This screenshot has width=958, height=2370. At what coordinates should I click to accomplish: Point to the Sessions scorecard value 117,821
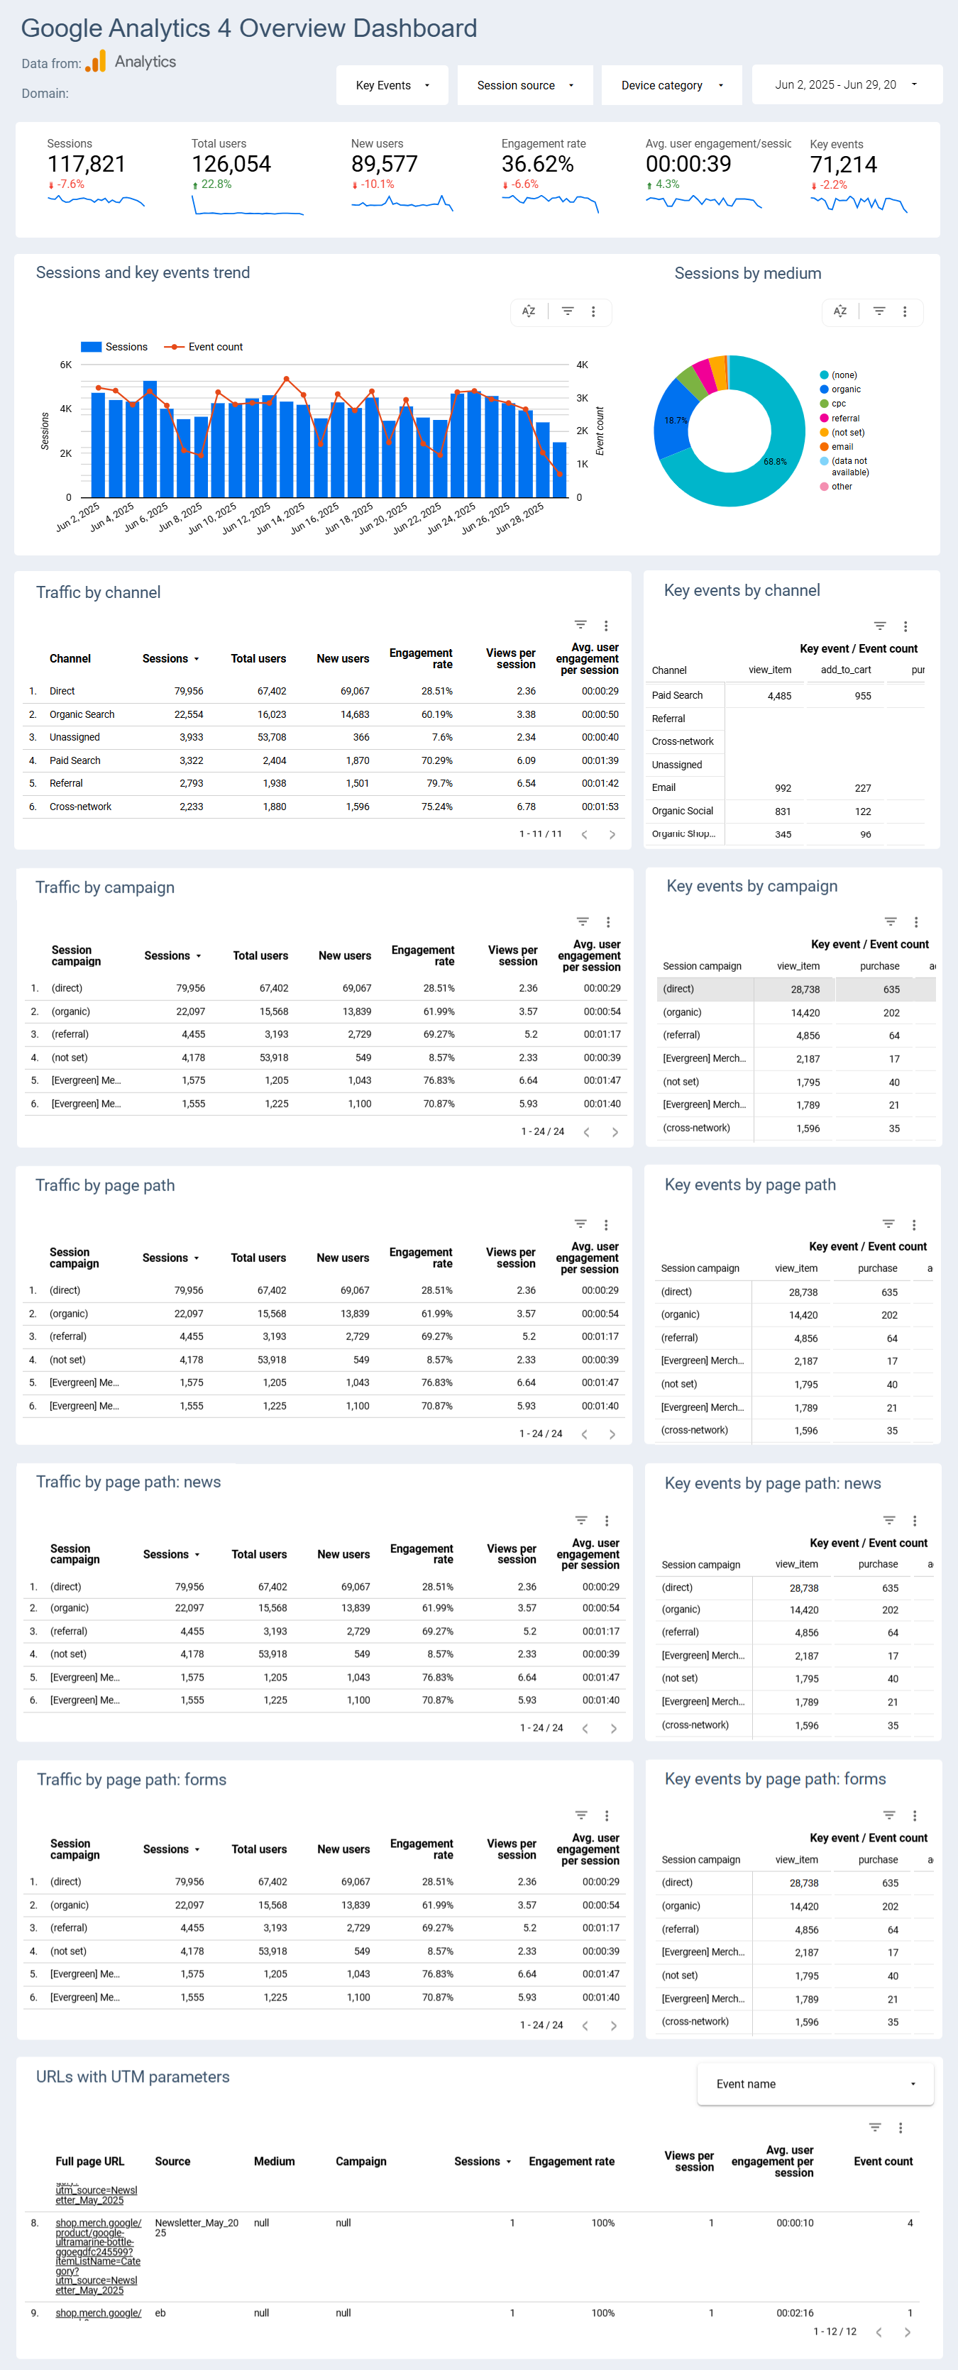click(87, 165)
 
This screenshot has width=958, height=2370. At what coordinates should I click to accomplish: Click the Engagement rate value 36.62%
click(537, 165)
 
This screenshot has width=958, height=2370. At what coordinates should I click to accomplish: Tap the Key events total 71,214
click(843, 165)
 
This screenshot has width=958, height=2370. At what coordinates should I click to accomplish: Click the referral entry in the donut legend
click(844, 419)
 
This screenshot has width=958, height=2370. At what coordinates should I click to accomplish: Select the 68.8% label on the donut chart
click(775, 462)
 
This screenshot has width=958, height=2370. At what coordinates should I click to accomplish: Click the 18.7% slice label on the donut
click(676, 421)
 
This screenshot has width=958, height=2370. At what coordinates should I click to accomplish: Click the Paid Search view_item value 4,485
click(778, 697)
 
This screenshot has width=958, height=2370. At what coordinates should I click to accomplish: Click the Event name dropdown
click(815, 2084)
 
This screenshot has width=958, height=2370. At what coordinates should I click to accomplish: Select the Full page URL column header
click(89, 2161)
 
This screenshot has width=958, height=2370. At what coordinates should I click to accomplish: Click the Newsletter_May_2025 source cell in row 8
click(196, 2227)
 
